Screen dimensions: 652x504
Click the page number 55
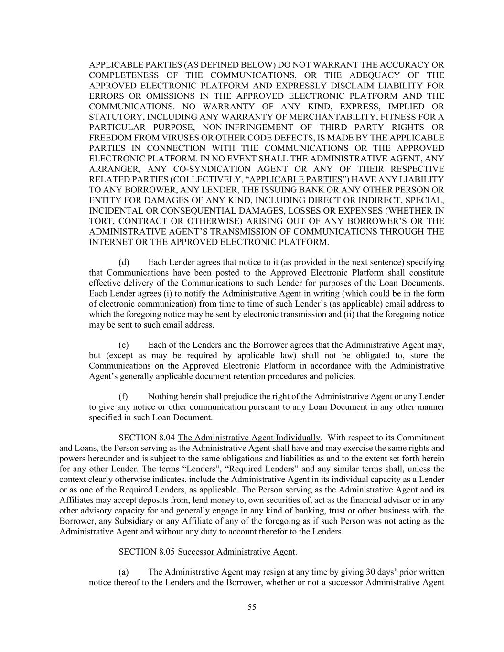click(252, 607)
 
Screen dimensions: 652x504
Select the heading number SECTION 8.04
click(147, 438)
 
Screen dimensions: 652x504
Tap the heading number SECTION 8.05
click(147, 552)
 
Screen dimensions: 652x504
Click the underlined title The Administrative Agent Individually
click(249, 438)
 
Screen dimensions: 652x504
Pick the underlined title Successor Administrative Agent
click(236, 552)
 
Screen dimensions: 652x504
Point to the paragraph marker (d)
click(124, 262)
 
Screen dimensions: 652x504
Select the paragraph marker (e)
click(124, 345)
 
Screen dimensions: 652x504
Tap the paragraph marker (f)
click(123, 396)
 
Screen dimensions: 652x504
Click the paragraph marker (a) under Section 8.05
click(124, 572)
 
